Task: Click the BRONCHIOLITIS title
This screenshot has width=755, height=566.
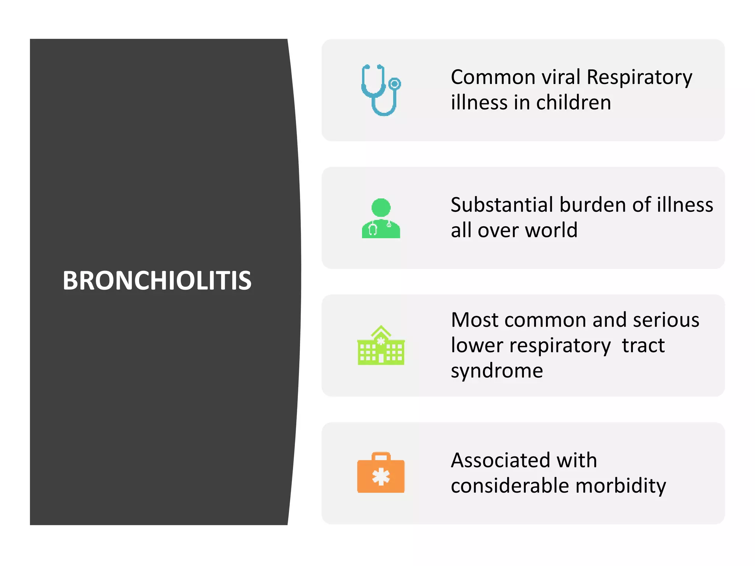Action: pyautogui.click(x=157, y=280)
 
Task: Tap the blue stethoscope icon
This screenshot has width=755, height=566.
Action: pyautogui.click(x=380, y=90)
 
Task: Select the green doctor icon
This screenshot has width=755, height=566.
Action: pyautogui.click(x=381, y=218)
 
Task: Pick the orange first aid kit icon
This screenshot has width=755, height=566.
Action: pyautogui.click(x=381, y=473)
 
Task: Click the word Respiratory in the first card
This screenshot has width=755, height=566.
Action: pyautogui.click(x=639, y=78)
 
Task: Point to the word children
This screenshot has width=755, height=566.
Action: pyautogui.click(x=574, y=103)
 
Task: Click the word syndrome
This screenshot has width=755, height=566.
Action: pyautogui.click(x=497, y=371)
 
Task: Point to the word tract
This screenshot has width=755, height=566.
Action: pyautogui.click(x=643, y=345)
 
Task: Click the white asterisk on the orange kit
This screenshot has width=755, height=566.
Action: pyautogui.click(x=381, y=477)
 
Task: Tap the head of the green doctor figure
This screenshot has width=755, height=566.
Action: pyautogui.click(x=381, y=207)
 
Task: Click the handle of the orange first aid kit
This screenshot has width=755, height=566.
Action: pyautogui.click(x=381, y=457)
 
